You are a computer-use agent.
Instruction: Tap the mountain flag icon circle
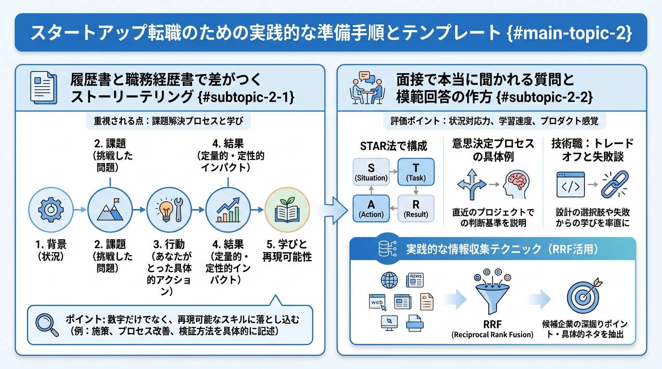pos(110,209)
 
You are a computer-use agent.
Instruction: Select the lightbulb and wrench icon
pos(168,209)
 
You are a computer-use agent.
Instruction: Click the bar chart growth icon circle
pos(228,209)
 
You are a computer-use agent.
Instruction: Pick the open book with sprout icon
pos(287,209)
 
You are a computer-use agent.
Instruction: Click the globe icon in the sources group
pos(388,280)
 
